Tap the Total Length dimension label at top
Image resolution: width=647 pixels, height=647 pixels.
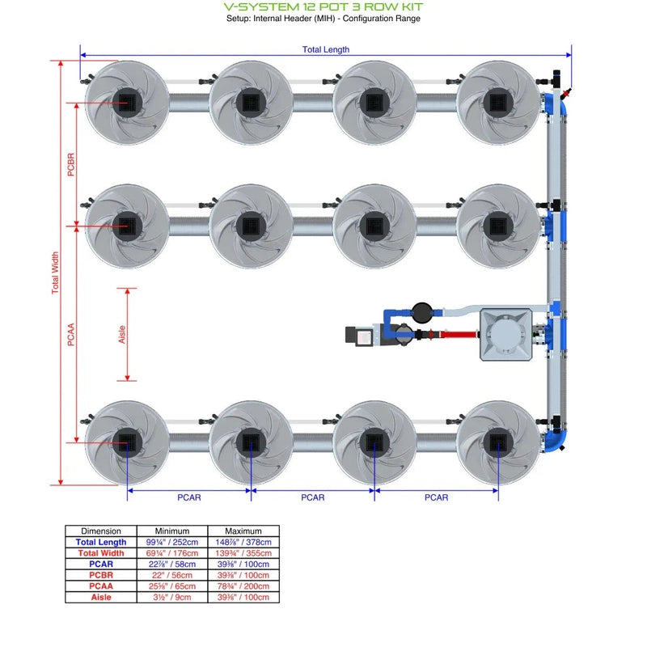click(326, 49)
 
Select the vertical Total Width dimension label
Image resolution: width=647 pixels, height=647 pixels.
click(56, 273)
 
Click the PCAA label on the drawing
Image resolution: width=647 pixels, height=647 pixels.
click(71, 334)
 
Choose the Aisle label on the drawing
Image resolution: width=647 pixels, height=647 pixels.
click(122, 333)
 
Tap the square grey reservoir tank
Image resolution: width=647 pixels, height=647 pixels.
click(507, 333)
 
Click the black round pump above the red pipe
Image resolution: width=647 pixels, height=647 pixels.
click(421, 310)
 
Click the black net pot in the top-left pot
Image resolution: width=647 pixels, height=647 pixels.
click(127, 102)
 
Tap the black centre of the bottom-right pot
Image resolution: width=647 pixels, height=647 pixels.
click(497, 442)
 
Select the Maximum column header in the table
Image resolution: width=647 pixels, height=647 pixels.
click(243, 531)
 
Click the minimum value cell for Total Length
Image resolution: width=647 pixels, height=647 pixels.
click(171, 542)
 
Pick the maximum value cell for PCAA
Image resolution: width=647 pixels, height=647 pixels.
click(243, 586)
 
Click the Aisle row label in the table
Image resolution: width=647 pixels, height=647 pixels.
click(101, 598)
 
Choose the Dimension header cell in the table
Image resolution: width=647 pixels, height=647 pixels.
click(101, 531)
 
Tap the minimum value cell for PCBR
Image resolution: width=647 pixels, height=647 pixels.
click(171, 575)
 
